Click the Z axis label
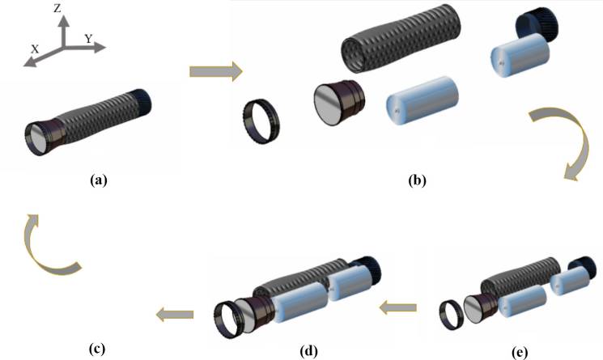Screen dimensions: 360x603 point(57,10)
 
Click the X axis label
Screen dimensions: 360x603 point(36,49)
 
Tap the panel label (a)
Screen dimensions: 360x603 point(99,181)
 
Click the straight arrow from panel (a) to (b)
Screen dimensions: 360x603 point(214,73)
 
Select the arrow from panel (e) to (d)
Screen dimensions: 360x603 point(398,307)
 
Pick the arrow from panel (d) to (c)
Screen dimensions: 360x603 point(174,313)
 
